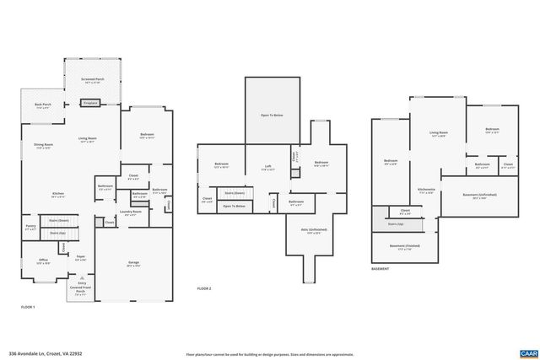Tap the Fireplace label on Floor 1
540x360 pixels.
[x=90, y=102]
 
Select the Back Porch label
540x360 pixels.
[x=42, y=106]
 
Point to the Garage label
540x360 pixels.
[x=133, y=264]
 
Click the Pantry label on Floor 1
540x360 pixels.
[x=30, y=227]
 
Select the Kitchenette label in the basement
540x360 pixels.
[x=427, y=191]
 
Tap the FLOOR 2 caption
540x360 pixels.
[x=205, y=288]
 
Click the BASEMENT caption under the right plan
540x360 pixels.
[x=381, y=269]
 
